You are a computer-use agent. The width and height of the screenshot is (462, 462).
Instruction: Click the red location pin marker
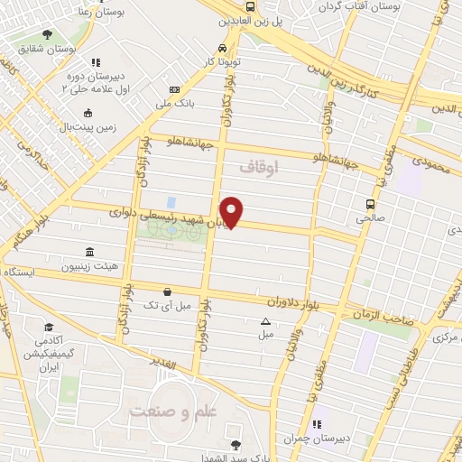click(x=232, y=211)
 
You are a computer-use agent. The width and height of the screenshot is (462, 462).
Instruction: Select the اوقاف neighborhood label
click(x=261, y=168)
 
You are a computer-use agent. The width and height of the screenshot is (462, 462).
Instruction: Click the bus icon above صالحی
click(x=370, y=203)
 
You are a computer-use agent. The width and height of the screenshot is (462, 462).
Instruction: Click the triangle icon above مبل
click(x=265, y=321)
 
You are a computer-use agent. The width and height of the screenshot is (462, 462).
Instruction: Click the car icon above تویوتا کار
click(x=222, y=49)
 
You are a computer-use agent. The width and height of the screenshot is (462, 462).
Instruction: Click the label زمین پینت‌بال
click(x=88, y=127)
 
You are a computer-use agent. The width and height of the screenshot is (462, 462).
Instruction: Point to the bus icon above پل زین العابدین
click(x=251, y=6)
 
